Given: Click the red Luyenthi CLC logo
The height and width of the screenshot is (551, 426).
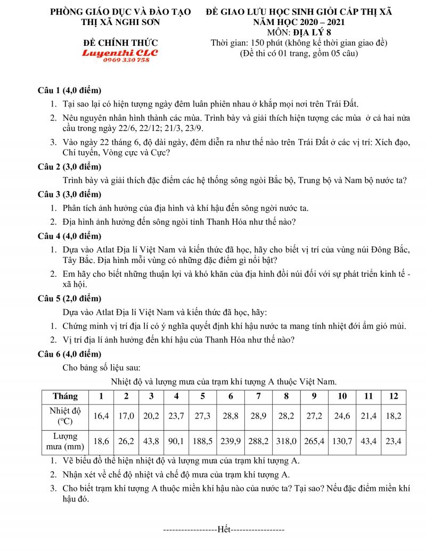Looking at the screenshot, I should (x=120, y=53).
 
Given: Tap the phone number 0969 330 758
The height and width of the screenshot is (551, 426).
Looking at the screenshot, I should (x=120, y=60).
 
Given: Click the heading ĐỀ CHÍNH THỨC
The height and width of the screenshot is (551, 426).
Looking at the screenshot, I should (x=120, y=43).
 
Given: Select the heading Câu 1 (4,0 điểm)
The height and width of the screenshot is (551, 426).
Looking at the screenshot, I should (x=69, y=90).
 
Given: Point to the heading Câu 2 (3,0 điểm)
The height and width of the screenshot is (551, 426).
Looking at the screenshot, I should (x=69, y=166).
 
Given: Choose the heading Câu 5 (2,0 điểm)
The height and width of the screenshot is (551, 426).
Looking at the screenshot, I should (x=69, y=298).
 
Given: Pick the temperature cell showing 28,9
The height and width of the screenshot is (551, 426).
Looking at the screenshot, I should (x=259, y=416).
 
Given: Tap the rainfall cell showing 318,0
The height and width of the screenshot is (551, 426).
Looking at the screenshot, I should (x=286, y=441).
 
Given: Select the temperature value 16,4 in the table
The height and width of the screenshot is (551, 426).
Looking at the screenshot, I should (x=101, y=416).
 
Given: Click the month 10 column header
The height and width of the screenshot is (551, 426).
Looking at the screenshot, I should (x=342, y=396).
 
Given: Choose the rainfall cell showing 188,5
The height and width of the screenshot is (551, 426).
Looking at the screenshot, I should (x=203, y=441).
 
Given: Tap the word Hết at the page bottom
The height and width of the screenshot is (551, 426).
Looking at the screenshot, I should (x=224, y=529).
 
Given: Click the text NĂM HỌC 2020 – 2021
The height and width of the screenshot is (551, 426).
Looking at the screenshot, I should (x=299, y=22).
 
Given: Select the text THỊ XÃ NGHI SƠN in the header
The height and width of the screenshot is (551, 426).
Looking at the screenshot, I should (x=120, y=22).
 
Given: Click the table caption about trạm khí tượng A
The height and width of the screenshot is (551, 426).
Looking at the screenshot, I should (x=224, y=381).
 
